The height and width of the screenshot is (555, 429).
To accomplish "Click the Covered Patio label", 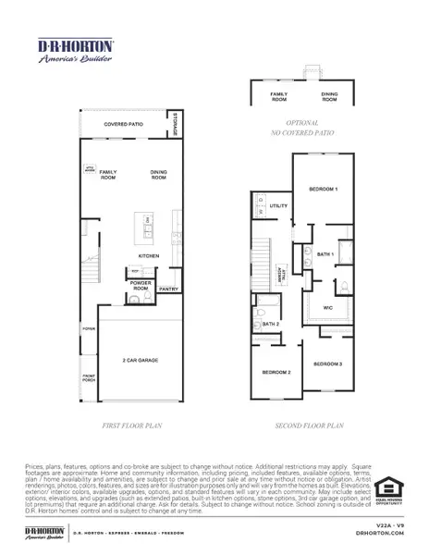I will [x=123, y=123].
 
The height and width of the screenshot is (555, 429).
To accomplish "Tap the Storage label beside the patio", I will [x=175, y=124].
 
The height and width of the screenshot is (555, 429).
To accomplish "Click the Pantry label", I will [x=168, y=290].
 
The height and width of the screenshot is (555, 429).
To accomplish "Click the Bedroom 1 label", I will [x=323, y=189].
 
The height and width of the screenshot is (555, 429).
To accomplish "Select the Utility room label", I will [x=279, y=205].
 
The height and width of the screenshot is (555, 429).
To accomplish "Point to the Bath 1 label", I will [x=325, y=253].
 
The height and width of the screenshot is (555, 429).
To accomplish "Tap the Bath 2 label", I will [x=271, y=324].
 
